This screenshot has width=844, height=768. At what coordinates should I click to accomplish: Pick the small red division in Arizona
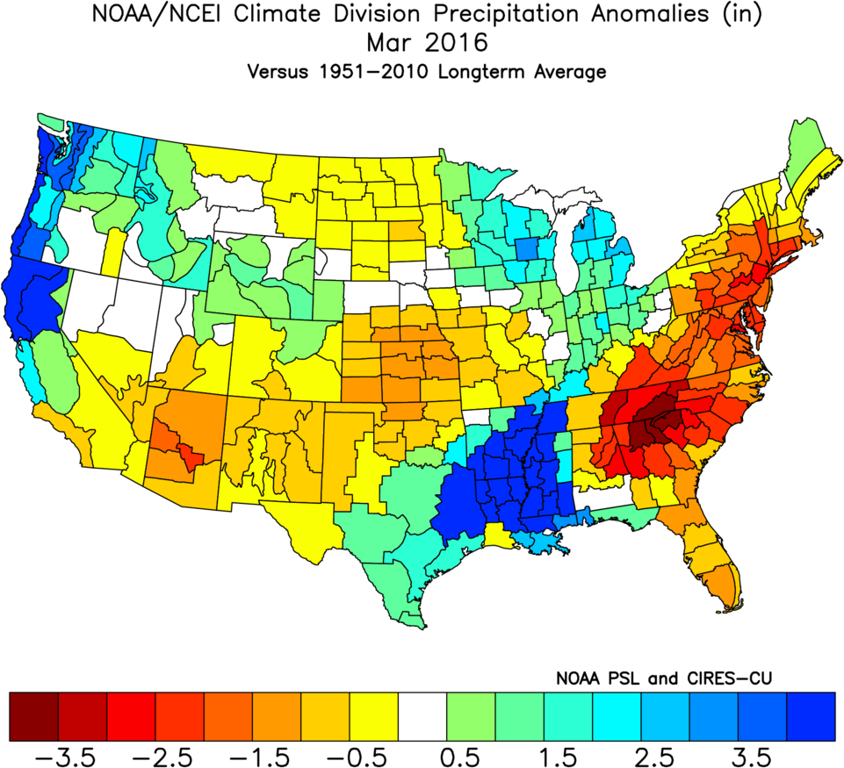pos(186,453)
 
